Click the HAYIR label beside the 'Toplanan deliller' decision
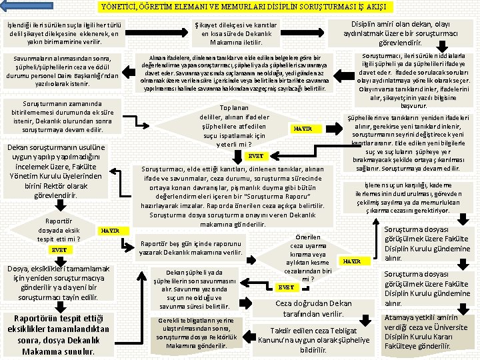pos(303,128)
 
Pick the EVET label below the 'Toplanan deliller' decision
pos(255,156)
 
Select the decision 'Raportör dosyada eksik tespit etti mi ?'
pos(60,230)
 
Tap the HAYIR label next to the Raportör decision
pos(109,231)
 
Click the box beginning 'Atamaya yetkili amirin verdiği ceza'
pos(425,331)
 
